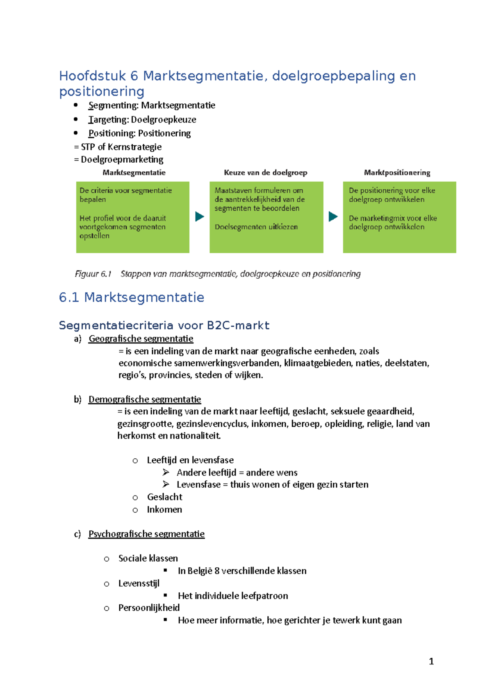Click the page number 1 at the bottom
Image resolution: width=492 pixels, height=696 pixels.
[431, 661]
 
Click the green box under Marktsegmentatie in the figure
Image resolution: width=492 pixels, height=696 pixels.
[132, 217]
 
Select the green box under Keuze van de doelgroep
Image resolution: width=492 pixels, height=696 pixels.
[266, 217]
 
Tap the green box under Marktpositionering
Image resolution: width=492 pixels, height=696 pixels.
[399, 217]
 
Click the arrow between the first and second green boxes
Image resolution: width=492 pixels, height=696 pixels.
[200, 216]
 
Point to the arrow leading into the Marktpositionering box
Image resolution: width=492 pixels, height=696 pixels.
[333, 216]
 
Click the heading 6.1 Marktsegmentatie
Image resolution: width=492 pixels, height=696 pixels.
[131, 297]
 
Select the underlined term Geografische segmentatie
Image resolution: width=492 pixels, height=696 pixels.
[141, 339]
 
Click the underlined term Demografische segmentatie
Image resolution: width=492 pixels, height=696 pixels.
[144, 399]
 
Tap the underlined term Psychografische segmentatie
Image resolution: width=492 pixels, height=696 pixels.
[146, 534]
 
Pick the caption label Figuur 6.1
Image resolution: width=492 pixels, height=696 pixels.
[93, 274]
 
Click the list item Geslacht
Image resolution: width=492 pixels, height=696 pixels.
[164, 497]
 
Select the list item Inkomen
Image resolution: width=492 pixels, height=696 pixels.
[164, 509]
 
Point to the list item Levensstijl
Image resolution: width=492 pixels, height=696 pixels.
[139, 583]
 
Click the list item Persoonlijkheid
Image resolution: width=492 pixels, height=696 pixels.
[149, 607]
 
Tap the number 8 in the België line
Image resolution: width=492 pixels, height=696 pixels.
[217, 571]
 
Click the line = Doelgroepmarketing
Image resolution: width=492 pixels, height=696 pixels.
[118, 159]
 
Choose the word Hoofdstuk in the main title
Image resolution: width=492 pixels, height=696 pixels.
[92, 76]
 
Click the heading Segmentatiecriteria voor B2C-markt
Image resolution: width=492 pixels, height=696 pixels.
[164, 325]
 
